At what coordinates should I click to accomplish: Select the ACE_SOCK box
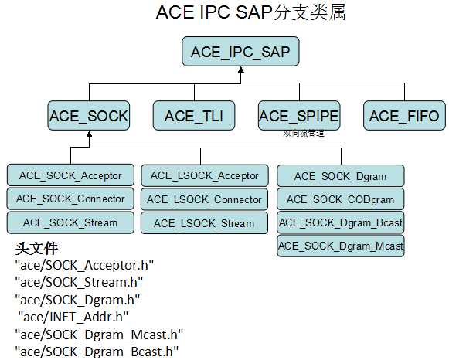(89, 116)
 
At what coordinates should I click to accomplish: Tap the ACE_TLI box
(193, 116)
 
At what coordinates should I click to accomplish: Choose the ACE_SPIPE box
(298, 116)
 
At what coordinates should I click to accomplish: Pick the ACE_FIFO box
(403, 116)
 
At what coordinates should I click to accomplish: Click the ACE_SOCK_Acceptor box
(70, 175)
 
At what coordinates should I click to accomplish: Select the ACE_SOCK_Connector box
(70, 199)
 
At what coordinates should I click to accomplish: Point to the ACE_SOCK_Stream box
(70, 222)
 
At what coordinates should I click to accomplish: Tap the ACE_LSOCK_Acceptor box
(205, 175)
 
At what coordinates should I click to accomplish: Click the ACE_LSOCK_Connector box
(205, 199)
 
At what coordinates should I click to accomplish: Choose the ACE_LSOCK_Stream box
(205, 223)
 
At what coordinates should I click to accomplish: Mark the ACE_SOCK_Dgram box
(340, 176)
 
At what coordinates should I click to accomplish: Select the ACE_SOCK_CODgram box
(340, 199)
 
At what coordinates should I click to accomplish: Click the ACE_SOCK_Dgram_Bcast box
(340, 223)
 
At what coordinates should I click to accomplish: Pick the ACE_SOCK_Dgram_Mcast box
(340, 246)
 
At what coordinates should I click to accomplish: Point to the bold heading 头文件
(37, 250)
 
